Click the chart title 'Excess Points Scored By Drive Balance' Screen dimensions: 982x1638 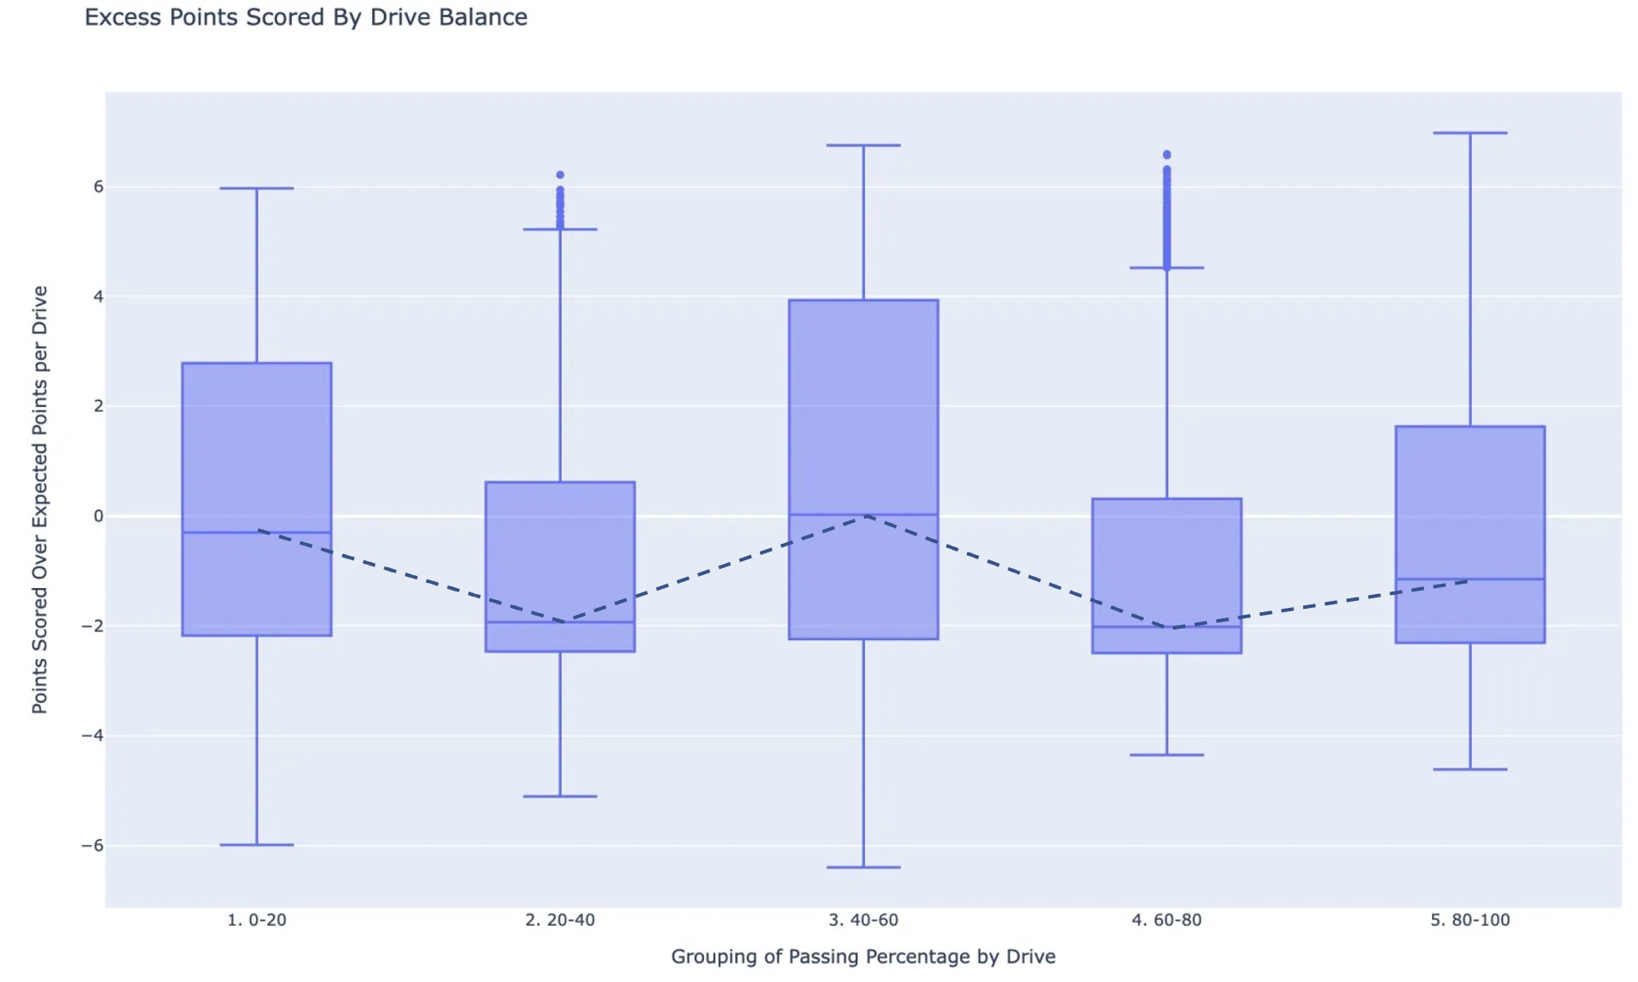click(306, 17)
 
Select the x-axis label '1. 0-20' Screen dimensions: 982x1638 click(256, 920)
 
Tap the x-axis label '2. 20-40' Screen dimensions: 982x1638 click(559, 920)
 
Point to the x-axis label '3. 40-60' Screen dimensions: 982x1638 click(863, 920)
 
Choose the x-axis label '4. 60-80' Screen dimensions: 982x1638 click(1166, 920)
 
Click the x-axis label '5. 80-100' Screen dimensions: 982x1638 click(1469, 920)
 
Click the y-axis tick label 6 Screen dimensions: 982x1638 click(98, 187)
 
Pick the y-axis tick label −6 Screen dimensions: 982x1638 click(93, 845)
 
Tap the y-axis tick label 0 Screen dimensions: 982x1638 click(98, 516)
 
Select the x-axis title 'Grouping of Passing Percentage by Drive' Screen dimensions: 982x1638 click(863, 957)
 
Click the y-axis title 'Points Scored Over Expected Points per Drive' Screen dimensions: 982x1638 click(40, 500)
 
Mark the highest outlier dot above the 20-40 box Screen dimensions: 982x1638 click(560, 175)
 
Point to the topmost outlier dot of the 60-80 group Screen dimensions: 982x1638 click(1167, 155)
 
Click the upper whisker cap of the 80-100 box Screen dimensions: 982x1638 click(1470, 133)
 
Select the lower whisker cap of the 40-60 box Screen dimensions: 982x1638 click(863, 867)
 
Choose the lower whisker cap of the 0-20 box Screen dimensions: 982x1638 click(256, 844)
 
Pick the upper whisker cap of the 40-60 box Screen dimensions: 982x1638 click(863, 145)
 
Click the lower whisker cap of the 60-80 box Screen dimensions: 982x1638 click(1166, 755)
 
